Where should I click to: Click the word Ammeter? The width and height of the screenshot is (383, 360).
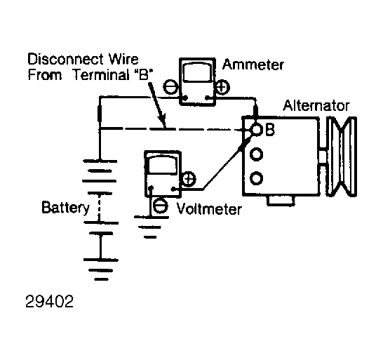pyautogui.click(x=253, y=65)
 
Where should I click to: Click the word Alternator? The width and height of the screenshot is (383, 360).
pyautogui.click(x=316, y=105)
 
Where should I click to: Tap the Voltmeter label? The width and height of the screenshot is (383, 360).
pyautogui.click(x=209, y=209)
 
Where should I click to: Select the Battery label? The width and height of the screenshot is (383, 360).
pyautogui.click(x=65, y=208)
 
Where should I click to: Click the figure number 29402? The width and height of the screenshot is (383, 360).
pyautogui.click(x=49, y=301)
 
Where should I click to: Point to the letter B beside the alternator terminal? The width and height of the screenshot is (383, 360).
pyautogui.click(x=270, y=129)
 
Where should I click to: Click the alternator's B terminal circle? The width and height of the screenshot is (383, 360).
pyautogui.click(x=257, y=130)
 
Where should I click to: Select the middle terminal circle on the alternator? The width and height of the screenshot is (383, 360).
pyautogui.click(x=256, y=154)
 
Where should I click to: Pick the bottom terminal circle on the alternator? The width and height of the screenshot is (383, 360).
pyautogui.click(x=256, y=178)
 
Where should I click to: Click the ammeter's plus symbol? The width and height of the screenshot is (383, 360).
pyautogui.click(x=222, y=87)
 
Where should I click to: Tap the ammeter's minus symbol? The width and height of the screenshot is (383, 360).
pyautogui.click(x=170, y=87)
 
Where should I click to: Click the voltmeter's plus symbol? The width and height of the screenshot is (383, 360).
pyautogui.click(x=189, y=179)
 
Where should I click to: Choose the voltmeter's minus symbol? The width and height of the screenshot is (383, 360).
pyautogui.click(x=161, y=206)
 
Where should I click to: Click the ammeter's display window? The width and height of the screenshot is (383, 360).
pyautogui.click(x=197, y=72)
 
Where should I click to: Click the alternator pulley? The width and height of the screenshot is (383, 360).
pyautogui.click(x=342, y=156)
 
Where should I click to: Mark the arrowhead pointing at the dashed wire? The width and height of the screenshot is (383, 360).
pyautogui.click(x=163, y=122)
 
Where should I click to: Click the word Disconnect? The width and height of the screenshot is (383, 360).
pyautogui.click(x=66, y=59)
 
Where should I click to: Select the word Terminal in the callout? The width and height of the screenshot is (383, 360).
pyautogui.click(x=102, y=74)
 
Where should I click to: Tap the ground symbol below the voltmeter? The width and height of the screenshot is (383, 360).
pyautogui.click(x=151, y=227)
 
